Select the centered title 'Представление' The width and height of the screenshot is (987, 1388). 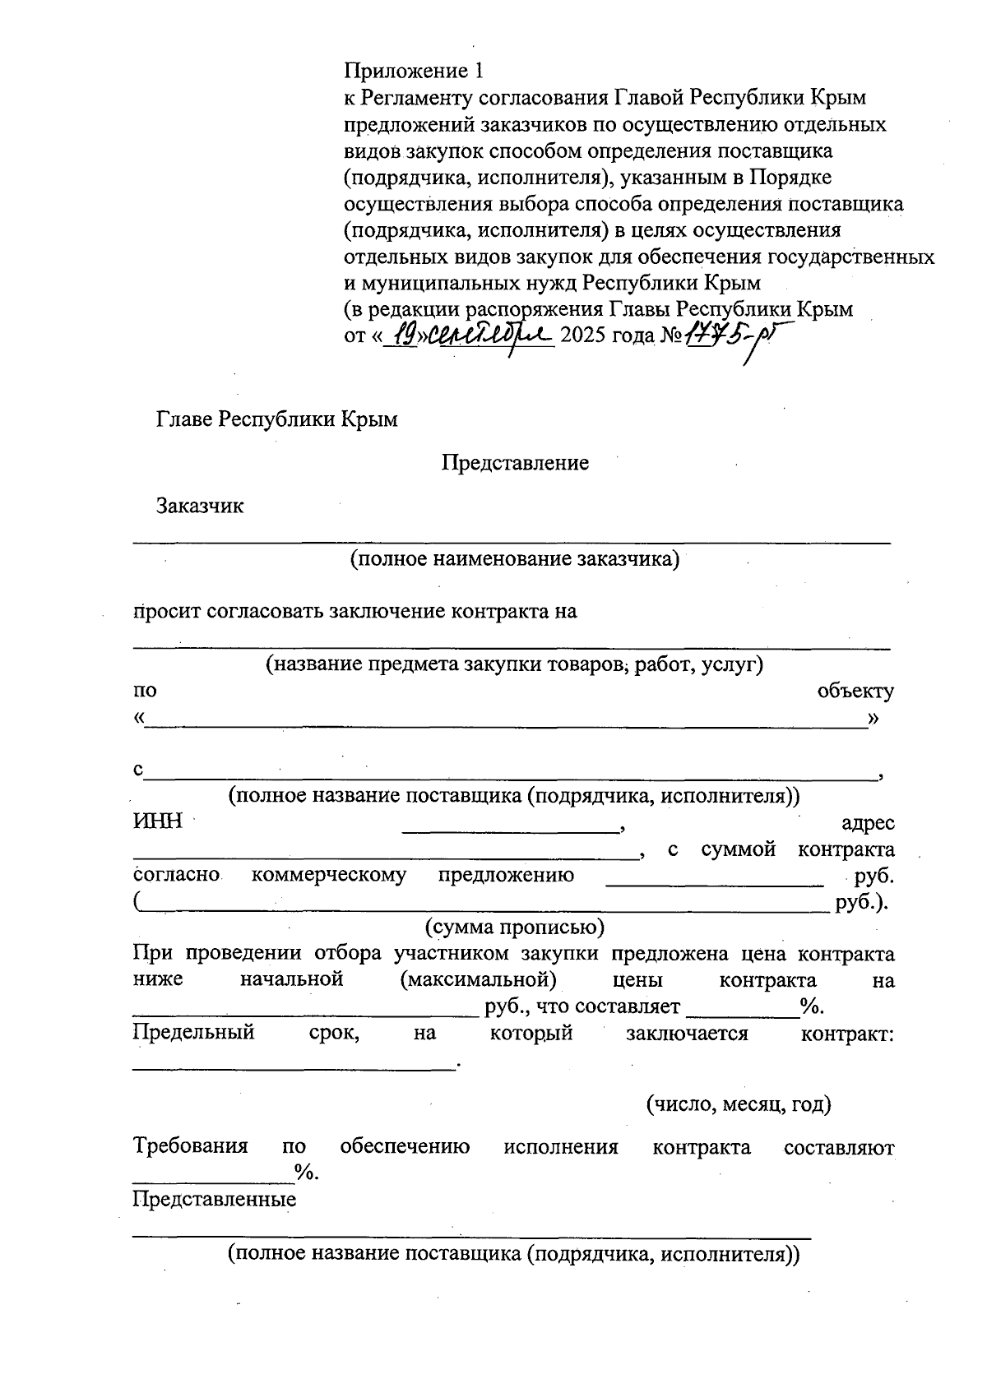tap(515, 463)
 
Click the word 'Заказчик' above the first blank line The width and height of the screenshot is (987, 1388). tap(200, 506)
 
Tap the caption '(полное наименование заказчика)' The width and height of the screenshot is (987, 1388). tap(514, 560)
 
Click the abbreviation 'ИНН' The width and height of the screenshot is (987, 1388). tap(158, 823)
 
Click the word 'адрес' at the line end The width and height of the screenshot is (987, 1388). tap(868, 823)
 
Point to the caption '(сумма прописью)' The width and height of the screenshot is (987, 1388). tap(514, 928)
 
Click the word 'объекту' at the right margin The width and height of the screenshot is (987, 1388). tap(855, 692)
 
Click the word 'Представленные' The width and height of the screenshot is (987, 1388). tap(215, 1199)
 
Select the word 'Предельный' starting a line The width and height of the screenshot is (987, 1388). tap(193, 1033)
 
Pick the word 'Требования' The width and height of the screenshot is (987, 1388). tap(190, 1147)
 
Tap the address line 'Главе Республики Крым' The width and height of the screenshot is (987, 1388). tap(277, 420)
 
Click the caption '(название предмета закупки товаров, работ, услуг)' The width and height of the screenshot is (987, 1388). tap(514, 665)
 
